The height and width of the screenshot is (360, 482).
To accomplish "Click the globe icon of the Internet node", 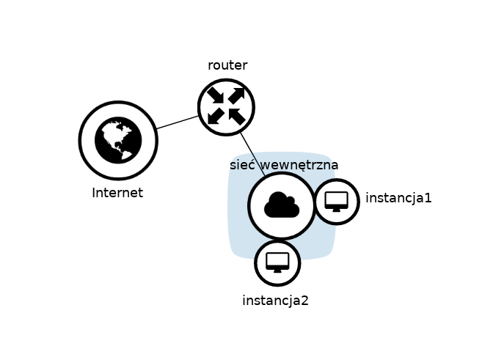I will pos(118,140).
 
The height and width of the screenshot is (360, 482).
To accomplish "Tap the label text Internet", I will pos(117,194).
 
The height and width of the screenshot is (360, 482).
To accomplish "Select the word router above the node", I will pos(227,65).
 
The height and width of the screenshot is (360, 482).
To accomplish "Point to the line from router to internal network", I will pos(252,153).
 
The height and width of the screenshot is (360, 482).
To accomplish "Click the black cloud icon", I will pos(282,205).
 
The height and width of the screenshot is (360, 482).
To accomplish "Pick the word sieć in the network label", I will pos(241,165).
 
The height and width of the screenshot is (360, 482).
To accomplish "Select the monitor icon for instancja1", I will pos(337,201).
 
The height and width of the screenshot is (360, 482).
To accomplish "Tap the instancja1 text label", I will pos(398,198).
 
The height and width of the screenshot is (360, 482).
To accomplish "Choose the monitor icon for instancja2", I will pos(277,262).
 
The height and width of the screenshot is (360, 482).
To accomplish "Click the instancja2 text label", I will pos(275,300).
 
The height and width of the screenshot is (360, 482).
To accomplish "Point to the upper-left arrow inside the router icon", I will pos(216,96).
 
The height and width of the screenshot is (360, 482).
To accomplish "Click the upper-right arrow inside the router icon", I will pos(236,96).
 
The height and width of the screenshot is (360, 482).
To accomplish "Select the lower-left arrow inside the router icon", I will pos(216,117).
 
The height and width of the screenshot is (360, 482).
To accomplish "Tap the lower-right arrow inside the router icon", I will pos(236,117).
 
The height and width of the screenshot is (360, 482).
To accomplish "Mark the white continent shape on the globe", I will pos(114,134).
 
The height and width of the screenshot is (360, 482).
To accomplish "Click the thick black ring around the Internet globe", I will pos(82,140).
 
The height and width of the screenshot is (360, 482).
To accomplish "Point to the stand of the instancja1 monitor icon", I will pos(337,209).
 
